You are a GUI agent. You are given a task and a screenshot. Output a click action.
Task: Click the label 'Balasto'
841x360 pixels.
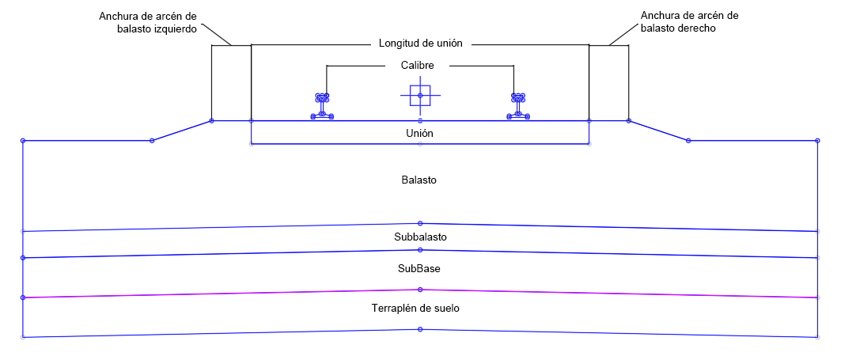419,180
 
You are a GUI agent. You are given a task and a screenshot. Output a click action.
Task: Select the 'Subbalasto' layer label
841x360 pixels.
421,237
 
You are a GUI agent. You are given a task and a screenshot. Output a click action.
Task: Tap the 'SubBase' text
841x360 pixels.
419,268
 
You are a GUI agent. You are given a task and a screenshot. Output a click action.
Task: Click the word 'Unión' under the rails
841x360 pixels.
419,134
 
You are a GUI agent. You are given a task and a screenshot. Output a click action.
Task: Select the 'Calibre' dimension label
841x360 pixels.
419,66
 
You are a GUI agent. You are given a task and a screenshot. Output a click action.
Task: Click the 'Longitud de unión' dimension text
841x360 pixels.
419,44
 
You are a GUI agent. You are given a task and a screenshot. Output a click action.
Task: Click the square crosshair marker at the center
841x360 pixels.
420,96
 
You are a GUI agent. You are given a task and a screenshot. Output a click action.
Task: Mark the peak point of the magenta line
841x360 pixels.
420,290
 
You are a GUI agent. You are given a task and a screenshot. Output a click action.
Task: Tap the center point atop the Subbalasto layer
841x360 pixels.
420,223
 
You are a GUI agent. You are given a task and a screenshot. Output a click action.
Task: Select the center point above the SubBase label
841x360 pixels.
420,250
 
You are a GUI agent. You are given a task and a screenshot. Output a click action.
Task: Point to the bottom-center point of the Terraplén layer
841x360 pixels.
420,329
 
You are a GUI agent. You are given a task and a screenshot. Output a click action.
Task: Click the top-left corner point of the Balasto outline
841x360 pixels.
23,141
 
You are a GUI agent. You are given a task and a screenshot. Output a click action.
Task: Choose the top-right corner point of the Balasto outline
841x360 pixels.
817,141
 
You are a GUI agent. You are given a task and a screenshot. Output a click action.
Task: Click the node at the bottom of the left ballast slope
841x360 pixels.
152,141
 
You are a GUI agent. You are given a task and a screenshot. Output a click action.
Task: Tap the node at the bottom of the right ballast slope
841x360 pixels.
688,141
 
